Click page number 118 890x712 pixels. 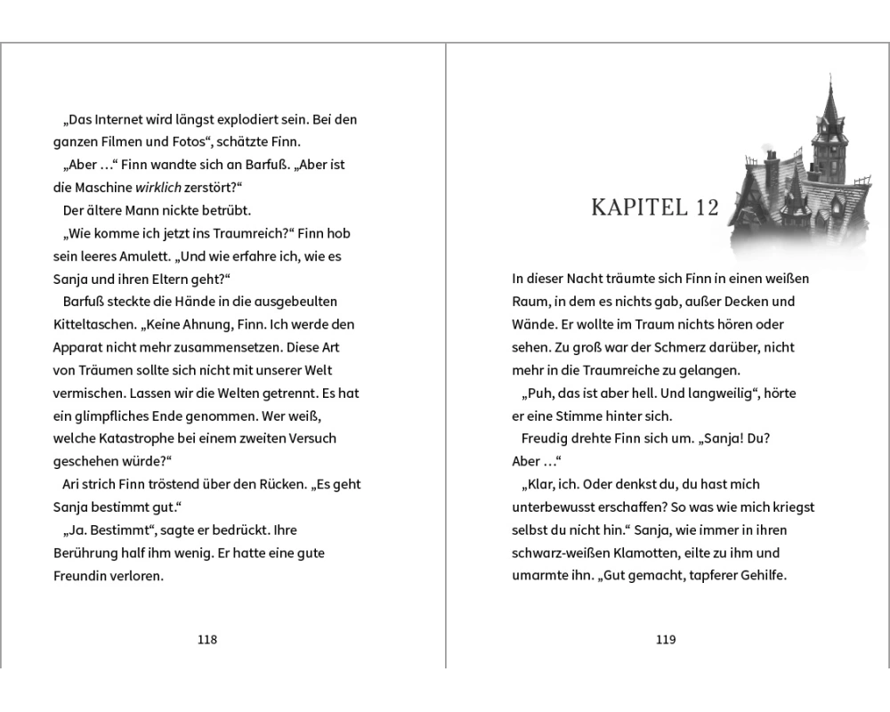coord(206,639)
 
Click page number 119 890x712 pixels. coord(666,639)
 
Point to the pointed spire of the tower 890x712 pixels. coord(829,85)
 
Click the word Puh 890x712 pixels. coord(538,393)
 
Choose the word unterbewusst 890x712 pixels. coord(555,507)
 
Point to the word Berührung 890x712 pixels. coord(87,553)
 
